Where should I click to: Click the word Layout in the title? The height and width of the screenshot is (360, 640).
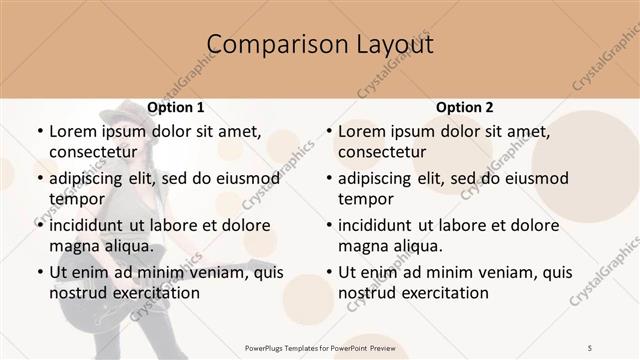click(x=396, y=45)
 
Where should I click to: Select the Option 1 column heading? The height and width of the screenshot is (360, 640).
click(x=176, y=107)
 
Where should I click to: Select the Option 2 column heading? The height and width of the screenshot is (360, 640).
click(x=465, y=107)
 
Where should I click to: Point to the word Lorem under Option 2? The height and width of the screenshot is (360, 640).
click(x=361, y=131)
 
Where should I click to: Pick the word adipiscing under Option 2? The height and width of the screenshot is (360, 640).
click(x=378, y=178)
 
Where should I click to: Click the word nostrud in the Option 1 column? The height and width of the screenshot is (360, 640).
click(x=78, y=292)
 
